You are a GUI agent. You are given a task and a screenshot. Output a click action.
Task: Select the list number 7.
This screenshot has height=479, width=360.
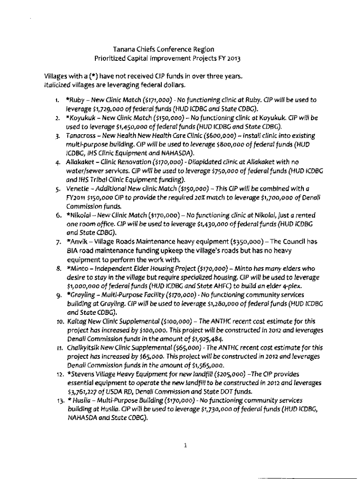[x=57, y=242]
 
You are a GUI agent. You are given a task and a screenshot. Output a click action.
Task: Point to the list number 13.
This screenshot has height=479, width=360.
[x=56, y=400]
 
